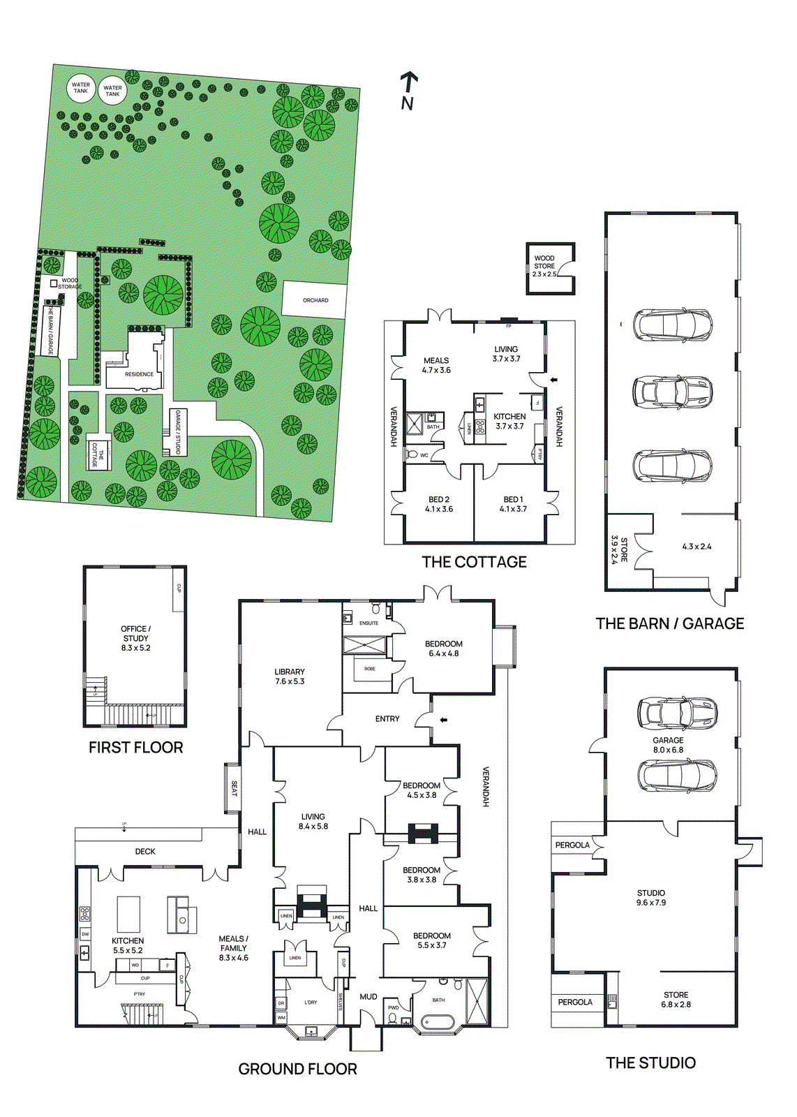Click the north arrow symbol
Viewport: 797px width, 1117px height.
409,90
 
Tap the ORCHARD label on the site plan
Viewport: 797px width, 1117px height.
315,300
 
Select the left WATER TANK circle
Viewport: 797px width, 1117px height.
81,88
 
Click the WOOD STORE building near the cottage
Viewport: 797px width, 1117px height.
550,267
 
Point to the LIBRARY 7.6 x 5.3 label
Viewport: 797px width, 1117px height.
290,676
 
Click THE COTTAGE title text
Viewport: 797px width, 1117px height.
474,562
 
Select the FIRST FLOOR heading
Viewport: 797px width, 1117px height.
135,748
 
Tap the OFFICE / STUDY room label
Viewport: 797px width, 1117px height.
135,638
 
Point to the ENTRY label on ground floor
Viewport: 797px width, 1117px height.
387,718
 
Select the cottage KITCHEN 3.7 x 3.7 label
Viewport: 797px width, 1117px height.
509,421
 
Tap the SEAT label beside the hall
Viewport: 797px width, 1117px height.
234,788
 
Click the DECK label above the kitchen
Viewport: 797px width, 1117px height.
145,851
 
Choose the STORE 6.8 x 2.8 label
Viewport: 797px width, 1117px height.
676,1000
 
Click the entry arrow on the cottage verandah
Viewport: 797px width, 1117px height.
555,380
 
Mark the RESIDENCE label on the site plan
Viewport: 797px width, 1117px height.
139,374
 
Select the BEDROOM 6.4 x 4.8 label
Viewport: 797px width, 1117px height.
444,649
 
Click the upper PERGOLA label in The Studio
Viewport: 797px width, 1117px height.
572,845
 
